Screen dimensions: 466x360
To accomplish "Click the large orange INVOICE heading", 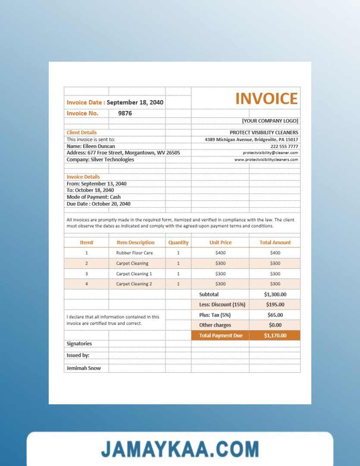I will coord(266,99).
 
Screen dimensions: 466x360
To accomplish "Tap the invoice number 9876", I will coord(125,113).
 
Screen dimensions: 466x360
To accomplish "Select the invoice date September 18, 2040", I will coord(135,103).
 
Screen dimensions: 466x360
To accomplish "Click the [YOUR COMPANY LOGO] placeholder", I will coord(270,121).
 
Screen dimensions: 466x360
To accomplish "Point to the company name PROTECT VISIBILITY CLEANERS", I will coord(264,132).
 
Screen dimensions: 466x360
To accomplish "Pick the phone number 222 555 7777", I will coord(284,146).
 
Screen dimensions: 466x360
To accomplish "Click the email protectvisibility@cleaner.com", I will coord(270,153).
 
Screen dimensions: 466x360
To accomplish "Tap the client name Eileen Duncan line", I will coord(91,146).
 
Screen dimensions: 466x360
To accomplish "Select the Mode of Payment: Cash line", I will coord(94,197).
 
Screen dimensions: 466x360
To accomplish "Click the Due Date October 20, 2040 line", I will coord(98,204).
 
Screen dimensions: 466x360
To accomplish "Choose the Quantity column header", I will coord(178,242).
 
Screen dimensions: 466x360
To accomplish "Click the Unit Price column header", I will coord(220,242).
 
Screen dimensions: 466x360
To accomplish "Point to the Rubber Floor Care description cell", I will coord(135,253).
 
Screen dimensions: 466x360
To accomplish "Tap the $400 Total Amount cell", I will coord(275,253).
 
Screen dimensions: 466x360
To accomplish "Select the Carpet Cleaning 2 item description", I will coord(134,284).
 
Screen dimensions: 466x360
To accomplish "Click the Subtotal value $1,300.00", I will coord(275,294).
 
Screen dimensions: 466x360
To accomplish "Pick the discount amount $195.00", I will coord(275,305).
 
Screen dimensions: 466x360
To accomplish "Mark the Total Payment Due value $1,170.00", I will coord(275,336).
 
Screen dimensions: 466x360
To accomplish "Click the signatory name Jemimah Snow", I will coord(84,368).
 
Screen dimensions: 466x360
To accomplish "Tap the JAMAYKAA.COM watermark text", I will coord(180,449).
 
